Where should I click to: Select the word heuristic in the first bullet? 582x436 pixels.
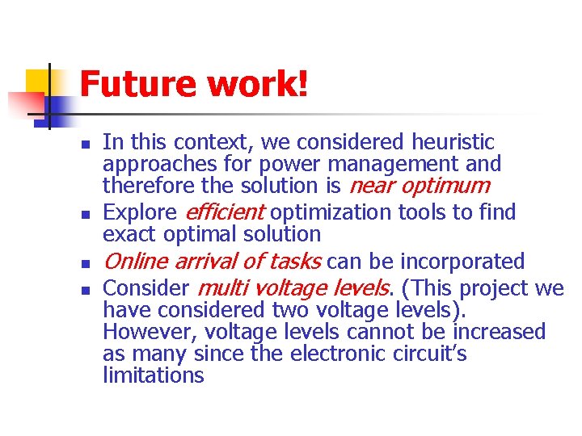click(453, 143)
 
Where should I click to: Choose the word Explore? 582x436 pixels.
click(141, 213)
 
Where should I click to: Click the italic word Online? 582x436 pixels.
click(135, 262)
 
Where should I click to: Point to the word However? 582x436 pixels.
click(150, 333)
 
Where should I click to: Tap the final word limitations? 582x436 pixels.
click(154, 376)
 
